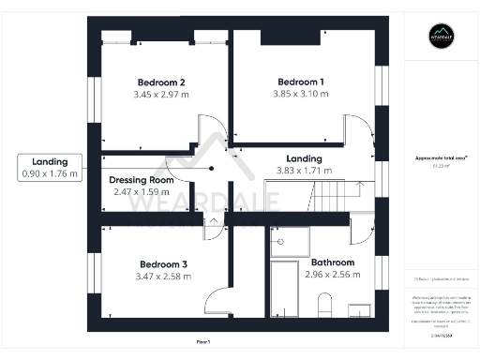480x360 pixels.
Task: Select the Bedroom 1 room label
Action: click(x=301, y=81)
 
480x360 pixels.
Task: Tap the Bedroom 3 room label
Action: click(x=163, y=263)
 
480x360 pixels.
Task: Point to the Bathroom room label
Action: click(x=332, y=262)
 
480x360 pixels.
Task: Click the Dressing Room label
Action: click(x=142, y=180)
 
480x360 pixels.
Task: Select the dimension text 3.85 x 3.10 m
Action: click(x=301, y=94)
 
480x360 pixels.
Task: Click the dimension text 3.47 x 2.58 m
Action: click(x=163, y=277)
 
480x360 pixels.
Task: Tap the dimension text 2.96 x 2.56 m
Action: click(x=332, y=275)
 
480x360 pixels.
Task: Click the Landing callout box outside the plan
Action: click(x=50, y=167)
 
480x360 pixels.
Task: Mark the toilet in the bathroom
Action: click(x=325, y=306)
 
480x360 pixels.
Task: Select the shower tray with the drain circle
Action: click(x=289, y=242)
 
